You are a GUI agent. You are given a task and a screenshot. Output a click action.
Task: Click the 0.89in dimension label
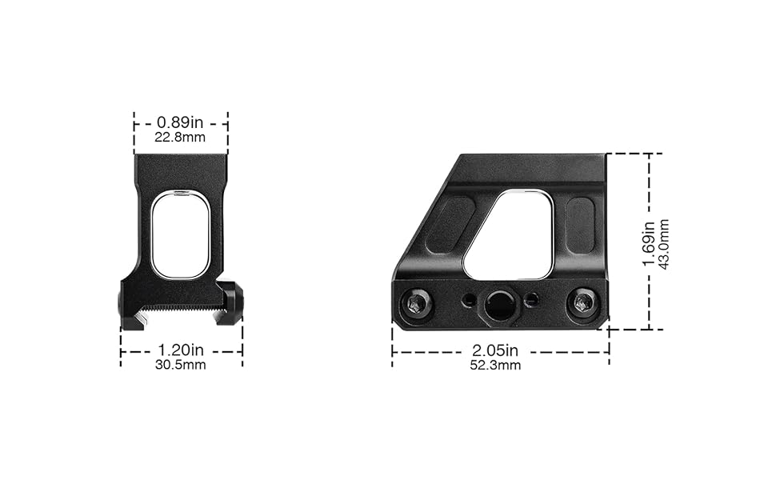(180, 122)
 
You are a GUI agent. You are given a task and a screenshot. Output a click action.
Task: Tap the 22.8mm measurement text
(180, 137)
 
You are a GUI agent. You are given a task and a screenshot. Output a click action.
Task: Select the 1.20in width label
(181, 350)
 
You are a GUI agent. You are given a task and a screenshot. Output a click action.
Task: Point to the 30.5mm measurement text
(181, 365)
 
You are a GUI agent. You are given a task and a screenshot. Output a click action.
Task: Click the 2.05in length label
(495, 350)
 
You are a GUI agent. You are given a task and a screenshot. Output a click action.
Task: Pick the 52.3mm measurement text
(495, 366)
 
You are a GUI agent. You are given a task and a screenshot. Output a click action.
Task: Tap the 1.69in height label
(649, 243)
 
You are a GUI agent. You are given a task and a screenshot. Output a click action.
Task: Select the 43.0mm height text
(664, 244)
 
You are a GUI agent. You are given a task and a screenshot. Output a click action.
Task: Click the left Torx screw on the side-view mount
(414, 303)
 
